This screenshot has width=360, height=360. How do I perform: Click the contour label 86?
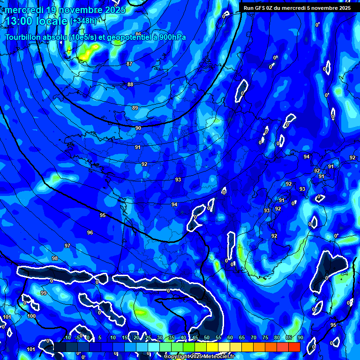(x=138, y=34)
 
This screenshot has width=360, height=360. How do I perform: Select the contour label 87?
(x=129, y=64)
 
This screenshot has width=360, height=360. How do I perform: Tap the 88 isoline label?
(x=130, y=85)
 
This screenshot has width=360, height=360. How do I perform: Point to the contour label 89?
(x=135, y=108)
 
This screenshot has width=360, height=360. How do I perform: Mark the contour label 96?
(x=90, y=232)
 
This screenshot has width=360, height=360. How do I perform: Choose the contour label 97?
(x=67, y=246)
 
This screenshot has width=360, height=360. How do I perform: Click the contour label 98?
(x=55, y=259)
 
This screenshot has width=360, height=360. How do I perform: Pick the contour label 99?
(x=44, y=293)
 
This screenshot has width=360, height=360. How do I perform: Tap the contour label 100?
(x=31, y=316)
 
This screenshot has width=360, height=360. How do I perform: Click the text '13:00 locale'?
(x=37, y=21)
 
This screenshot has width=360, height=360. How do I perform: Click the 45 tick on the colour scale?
(x=195, y=338)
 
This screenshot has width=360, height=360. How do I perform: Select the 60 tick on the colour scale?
(x=230, y=338)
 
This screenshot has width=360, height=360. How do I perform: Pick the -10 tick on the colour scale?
(x=67, y=338)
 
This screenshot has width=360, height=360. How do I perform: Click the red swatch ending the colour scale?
(x=294, y=347)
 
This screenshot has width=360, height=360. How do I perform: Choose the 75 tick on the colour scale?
(x=265, y=338)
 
